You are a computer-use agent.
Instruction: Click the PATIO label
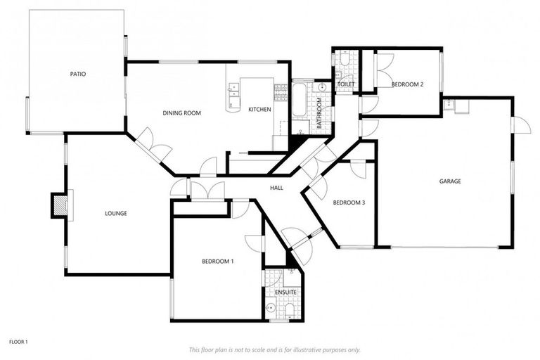(77, 74)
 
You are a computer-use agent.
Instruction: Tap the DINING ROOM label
(182, 112)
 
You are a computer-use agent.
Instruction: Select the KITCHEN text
(259, 109)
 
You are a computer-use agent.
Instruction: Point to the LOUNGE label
(115, 213)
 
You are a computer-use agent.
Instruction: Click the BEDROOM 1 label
(217, 262)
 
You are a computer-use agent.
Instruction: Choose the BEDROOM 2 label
(407, 84)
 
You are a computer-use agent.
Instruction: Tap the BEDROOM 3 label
(349, 202)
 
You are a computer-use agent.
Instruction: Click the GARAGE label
(450, 181)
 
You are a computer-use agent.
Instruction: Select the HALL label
(276, 188)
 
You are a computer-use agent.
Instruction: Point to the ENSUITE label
(285, 291)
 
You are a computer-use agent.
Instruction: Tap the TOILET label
(346, 84)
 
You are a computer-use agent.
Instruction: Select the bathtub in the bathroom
(299, 101)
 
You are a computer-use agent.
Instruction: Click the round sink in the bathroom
(321, 88)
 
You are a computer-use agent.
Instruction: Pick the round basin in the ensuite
(271, 307)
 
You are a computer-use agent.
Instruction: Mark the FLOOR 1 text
(18, 342)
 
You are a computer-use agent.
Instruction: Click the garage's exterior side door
(521, 125)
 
